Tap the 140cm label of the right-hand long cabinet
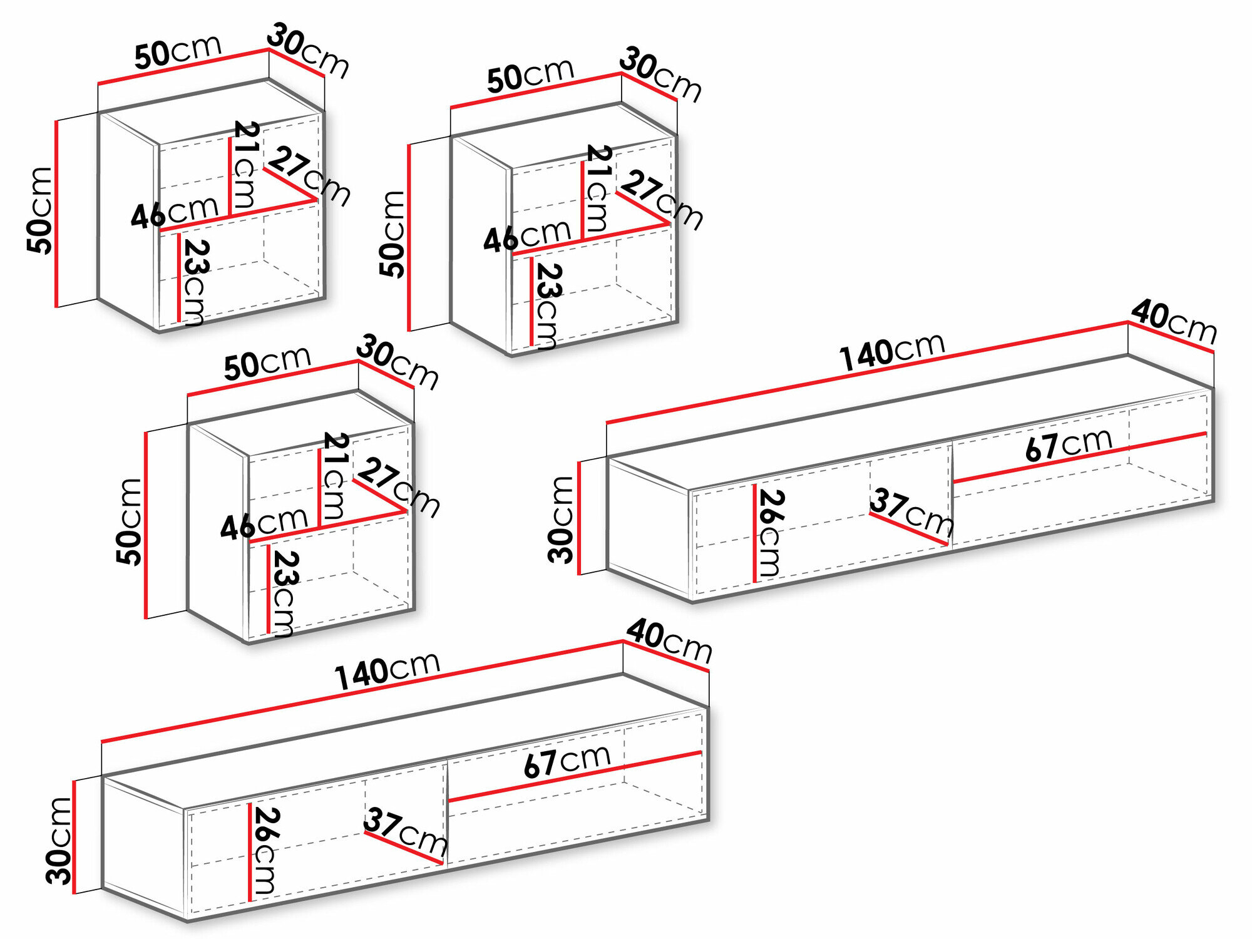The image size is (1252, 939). pyautogui.click(x=892, y=352)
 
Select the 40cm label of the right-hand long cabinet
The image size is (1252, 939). pyautogui.click(x=1174, y=322)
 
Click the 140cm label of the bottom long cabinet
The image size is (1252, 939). pyautogui.click(x=387, y=671)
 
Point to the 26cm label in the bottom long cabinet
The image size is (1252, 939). pyautogui.click(x=265, y=851)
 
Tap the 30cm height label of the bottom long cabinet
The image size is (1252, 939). pyautogui.click(x=59, y=841)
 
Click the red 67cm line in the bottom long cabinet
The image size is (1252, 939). pyautogui.click(x=576, y=777)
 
